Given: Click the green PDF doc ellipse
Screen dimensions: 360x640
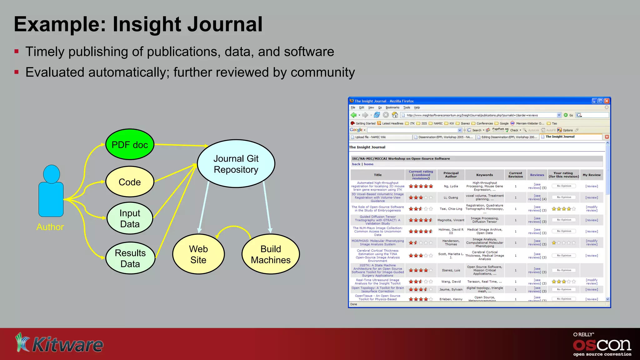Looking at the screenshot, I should [x=130, y=145].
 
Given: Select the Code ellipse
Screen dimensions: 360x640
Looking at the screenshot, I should [x=130, y=182].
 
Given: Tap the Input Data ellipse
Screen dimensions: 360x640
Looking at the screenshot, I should [x=130, y=218].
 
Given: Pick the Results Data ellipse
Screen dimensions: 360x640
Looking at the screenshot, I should [x=130, y=258].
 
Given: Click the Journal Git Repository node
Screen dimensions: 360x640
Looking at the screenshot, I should [x=236, y=164].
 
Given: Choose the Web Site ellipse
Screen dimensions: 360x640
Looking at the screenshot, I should [x=198, y=254].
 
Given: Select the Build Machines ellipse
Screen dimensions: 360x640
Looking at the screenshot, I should [x=271, y=254].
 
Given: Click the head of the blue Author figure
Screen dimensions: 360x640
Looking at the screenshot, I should [x=52, y=174].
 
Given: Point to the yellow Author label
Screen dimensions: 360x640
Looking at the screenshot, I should [x=50, y=227].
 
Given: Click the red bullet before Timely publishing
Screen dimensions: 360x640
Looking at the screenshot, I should [x=17, y=52].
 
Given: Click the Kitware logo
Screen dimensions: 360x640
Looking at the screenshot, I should [x=59, y=344].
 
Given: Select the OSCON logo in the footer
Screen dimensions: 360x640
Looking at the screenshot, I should [x=602, y=345].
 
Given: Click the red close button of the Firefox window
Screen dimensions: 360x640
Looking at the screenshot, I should [x=607, y=101].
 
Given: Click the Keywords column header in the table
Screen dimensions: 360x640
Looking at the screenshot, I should [x=484, y=175].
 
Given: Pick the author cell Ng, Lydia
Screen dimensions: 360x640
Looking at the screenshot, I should [x=451, y=186].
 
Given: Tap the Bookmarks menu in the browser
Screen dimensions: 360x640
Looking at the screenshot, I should [x=392, y=107].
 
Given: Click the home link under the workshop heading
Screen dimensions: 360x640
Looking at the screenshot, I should [x=368, y=164].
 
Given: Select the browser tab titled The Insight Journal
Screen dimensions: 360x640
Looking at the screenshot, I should [x=560, y=137].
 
